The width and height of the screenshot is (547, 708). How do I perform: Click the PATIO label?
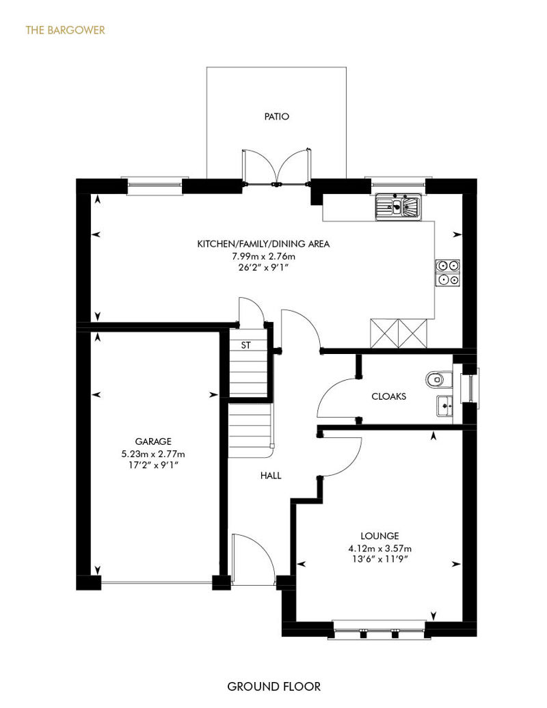point(276,116)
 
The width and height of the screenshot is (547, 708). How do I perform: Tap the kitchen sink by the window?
point(397,207)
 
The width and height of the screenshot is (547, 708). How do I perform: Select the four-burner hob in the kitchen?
point(447,273)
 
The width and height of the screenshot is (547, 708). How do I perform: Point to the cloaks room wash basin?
point(444,405)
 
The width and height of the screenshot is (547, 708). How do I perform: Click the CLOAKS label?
point(388,396)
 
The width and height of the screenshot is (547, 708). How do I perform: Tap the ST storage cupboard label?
point(245,345)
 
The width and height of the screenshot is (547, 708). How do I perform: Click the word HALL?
point(271,476)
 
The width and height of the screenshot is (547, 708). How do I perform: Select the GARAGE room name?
point(153,441)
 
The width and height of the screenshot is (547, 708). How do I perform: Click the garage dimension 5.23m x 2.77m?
point(153,454)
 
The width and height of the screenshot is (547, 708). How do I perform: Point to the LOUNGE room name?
point(379,536)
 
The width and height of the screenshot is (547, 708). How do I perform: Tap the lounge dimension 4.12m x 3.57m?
point(379,549)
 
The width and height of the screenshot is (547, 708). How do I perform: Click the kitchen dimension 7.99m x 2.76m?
point(263,256)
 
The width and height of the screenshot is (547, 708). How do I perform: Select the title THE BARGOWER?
point(66,30)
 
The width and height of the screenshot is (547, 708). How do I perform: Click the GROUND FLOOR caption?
point(273,687)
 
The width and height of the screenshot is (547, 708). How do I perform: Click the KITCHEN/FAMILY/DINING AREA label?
point(263,244)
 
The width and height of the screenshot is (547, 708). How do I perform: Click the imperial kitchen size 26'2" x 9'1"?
point(263,268)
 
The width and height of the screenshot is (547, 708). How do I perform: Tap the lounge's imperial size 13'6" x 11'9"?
point(379,560)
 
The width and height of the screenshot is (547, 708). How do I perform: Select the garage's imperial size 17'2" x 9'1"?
point(153,465)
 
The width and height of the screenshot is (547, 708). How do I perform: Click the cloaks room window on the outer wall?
point(472,388)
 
